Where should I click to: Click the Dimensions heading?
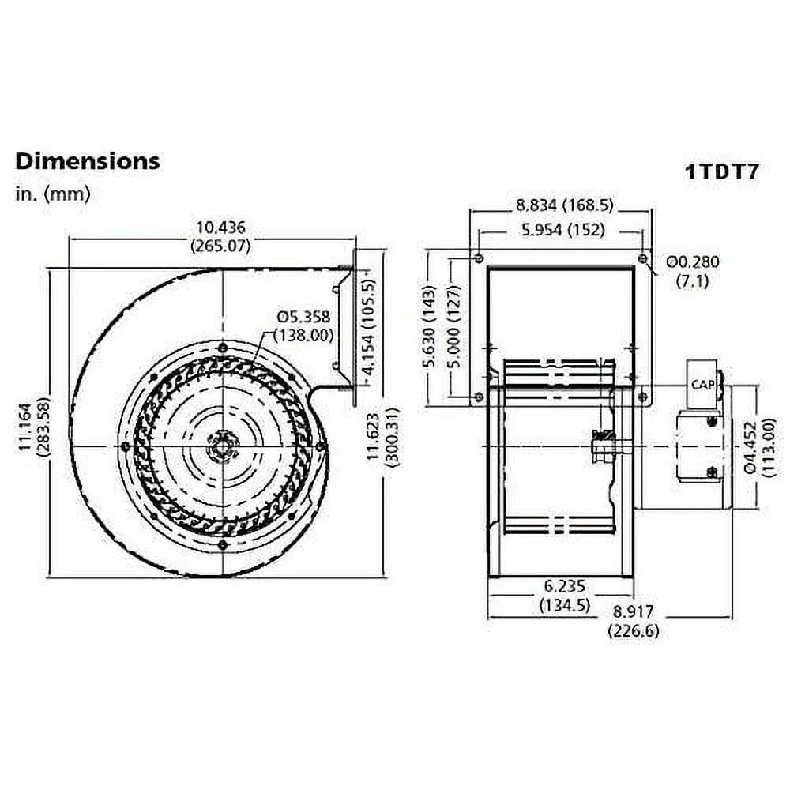(87, 161)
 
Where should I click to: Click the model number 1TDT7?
(720, 172)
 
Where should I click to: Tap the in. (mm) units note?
(52, 194)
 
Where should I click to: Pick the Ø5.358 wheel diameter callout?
(303, 325)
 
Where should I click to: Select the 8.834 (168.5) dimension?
(564, 206)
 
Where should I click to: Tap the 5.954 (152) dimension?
(563, 230)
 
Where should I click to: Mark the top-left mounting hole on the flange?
(480, 258)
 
